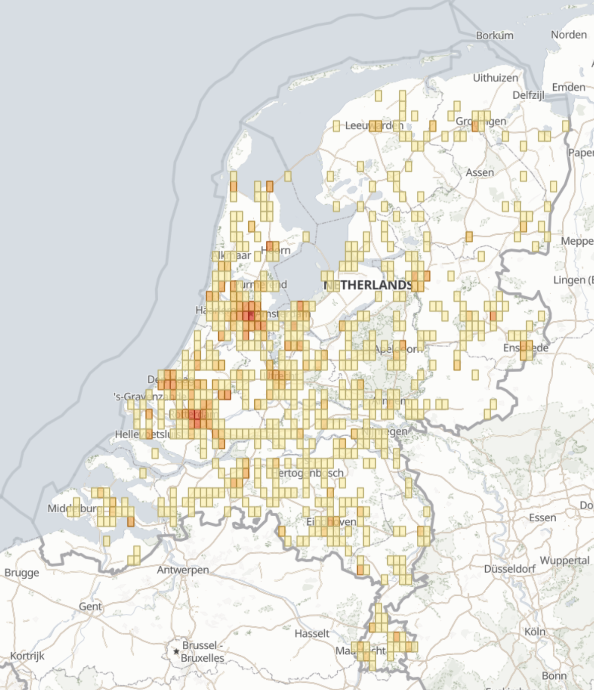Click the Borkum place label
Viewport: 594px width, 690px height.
(494, 35)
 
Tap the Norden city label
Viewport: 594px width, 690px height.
(568, 35)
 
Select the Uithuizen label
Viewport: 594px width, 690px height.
(495, 78)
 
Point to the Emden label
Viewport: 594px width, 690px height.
(568, 87)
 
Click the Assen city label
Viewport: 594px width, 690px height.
(479, 172)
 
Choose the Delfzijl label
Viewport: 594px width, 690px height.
(528, 95)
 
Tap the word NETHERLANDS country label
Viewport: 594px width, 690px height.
(368, 285)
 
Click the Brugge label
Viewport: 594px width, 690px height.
(22, 573)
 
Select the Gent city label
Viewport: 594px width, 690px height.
(90, 606)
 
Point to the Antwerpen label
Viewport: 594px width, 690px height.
(183, 570)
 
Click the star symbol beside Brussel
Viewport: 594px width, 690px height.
(176, 651)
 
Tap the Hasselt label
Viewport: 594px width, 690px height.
(312, 633)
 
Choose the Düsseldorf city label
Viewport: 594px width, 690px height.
(509, 569)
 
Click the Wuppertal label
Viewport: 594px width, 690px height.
(564, 561)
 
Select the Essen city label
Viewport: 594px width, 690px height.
(542, 517)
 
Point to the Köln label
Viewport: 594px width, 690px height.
(535, 632)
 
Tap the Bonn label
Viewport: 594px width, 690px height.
(554, 675)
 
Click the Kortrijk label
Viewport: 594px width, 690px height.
(27, 656)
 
